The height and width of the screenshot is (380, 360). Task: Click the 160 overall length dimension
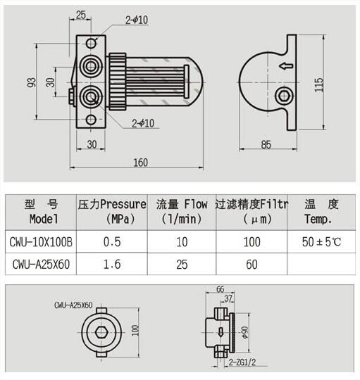pyautogui.click(x=141, y=163)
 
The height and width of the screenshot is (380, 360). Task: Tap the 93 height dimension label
pyautogui.click(x=32, y=82)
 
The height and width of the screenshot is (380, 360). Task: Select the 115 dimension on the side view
pyautogui.click(x=318, y=85)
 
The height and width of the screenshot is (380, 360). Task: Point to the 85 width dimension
pyautogui.click(x=266, y=145)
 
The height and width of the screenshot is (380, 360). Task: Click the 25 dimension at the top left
pyautogui.click(x=81, y=15)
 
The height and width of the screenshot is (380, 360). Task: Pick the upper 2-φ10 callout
pyautogui.click(x=137, y=20)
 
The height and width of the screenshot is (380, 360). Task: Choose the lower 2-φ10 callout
pyautogui.click(x=143, y=123)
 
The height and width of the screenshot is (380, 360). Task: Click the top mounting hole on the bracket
pyautogui.click(x=91, y=44)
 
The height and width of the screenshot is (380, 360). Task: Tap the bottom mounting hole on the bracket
pyautogui.click(x=91, y=120)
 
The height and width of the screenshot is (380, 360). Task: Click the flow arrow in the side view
pyautogui.click(x=286, y=65)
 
